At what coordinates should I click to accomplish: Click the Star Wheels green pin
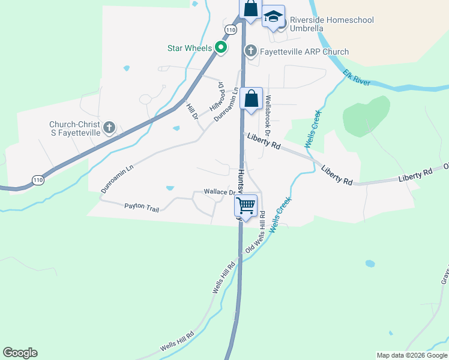221,47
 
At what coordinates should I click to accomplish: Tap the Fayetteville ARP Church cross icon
252,52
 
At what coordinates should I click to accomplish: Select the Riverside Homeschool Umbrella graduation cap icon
273,17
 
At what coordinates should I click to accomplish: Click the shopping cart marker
246,206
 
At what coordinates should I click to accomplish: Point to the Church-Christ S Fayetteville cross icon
109,127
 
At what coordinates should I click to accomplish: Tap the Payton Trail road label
142,208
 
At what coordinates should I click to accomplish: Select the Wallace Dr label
218,192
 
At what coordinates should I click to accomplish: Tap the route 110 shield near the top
231,29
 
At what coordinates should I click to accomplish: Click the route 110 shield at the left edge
38,179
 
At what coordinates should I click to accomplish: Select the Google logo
20,353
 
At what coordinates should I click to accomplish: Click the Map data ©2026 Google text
412,355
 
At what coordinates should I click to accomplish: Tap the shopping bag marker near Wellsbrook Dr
252,98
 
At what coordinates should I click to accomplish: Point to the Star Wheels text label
189,47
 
